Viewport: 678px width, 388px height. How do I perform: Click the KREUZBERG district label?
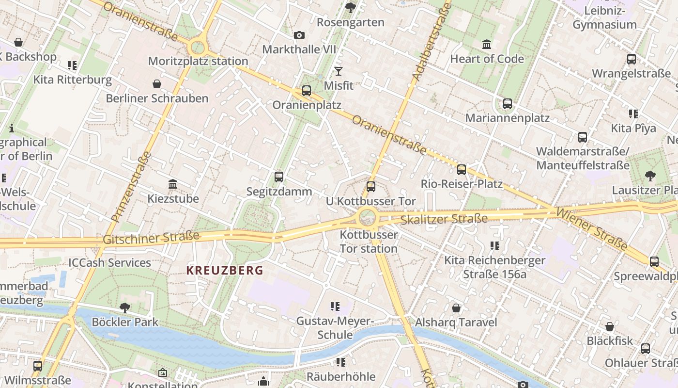tap(225, 270)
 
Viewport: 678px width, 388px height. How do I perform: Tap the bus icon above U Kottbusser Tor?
tap(371, 186)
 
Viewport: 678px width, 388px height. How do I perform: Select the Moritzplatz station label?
tap(198, 61)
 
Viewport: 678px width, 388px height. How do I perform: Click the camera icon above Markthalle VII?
tap(299, 35)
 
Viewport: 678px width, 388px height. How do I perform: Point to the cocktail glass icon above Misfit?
tap(339, 71)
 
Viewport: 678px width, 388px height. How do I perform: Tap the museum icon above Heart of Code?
tap(487, 45)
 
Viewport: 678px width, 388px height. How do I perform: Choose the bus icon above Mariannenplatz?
tap(507, 103)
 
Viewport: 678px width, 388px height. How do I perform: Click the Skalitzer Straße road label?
tap(444, 220)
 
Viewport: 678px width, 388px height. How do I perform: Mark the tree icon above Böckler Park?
tap(125, 307)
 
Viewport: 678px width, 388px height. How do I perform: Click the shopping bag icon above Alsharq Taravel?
tap(456, 308)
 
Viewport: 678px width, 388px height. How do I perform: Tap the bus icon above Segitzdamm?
tap(279, 177)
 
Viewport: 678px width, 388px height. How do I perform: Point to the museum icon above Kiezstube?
tap(173, 184)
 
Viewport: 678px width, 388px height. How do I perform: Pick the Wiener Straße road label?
tap(592, 229)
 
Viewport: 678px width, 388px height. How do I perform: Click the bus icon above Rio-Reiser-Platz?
tap(462, 169)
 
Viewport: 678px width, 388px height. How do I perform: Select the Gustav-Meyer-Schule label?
tap(335, 328)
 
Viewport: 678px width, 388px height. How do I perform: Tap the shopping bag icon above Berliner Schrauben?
tap(157, 84)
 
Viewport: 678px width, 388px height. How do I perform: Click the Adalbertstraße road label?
tap(431, 42)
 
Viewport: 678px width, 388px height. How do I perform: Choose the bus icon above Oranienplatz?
tap(307, 91)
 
